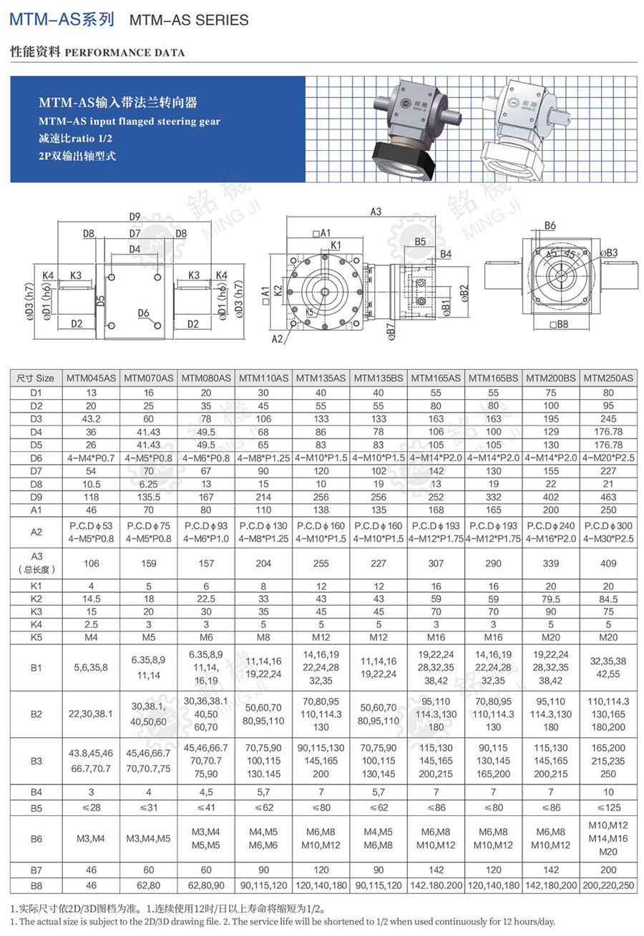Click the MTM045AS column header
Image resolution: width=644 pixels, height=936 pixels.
pyautogui.click(x=91, y=378)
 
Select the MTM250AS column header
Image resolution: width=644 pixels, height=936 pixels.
pyautogui.click(x=608, y=378)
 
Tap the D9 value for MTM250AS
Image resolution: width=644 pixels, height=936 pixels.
pyautogui.click(x=608, y=497)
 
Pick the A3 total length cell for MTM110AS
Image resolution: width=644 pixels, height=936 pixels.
pyautogui.click(x=263, y=563)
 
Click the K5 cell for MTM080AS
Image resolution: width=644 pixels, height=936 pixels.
pyautogui.click(x=206, y=637)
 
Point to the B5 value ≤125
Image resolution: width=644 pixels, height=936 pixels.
pyautogui.click(x=608, y=807)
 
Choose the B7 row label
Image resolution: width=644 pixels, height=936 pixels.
pyautogui.click(x=36, y=870)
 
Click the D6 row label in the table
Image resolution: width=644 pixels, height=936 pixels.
pyautogui.click(x=36, y=458)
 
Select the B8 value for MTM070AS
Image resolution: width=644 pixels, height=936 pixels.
pyautogui.click(x=149, y=885)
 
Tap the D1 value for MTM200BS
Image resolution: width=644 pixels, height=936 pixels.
pyautogui.click(x=551, y=393)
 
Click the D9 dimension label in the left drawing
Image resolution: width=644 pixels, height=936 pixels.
pyautogui.click(x=135, y=217)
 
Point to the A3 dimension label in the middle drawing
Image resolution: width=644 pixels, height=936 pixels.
pyautogui.click(x=376, y=212)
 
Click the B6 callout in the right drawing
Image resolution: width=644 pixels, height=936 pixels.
pyautogui.click(x=550, y=226)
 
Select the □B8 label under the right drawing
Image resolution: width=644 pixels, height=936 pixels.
pyautogui.click(x=560, y=324)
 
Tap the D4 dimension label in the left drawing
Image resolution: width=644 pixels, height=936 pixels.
pyautogui.click(x=135, y=250)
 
